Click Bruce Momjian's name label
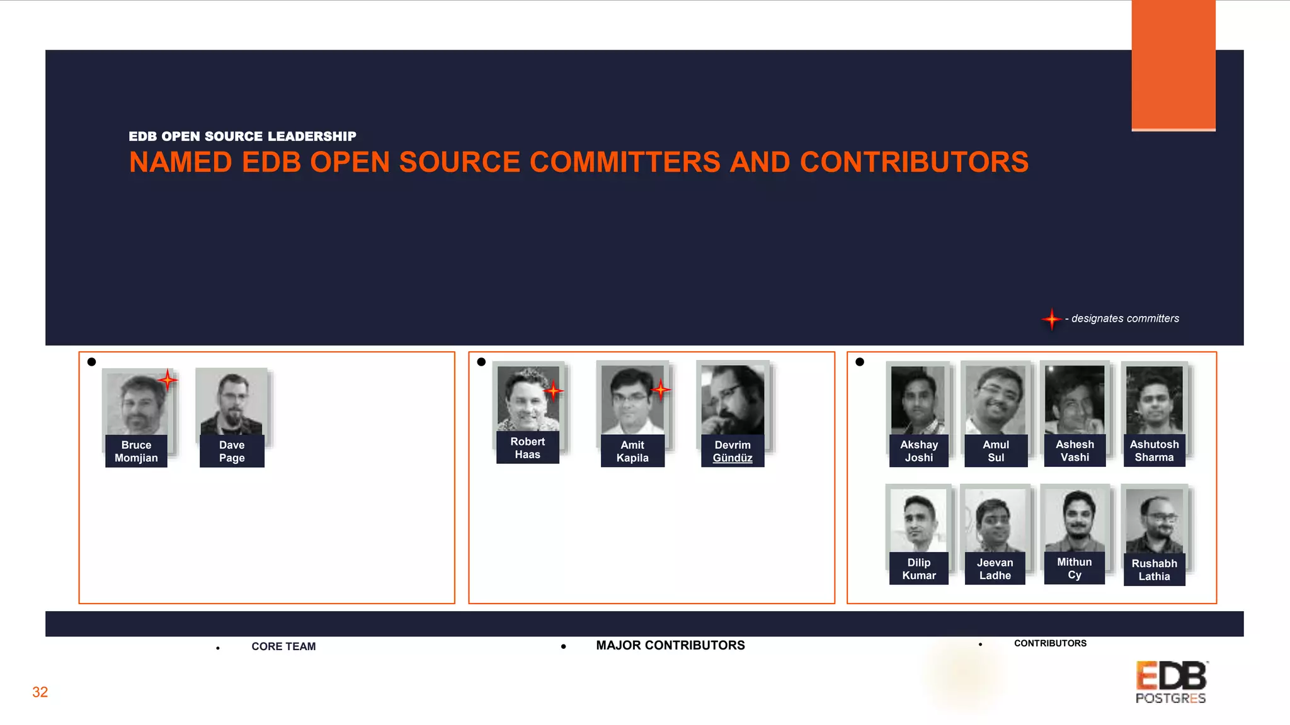point(136,451)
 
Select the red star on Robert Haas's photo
point(553,391)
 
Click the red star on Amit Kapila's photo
point(660,390)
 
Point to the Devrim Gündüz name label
point(732,451)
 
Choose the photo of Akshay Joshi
point(918,400)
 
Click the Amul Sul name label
point(995,451)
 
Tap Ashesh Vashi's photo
point(1074,399)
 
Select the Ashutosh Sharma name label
point(1154,451)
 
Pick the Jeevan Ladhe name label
point(995,569)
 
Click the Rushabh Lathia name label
point(1154,570)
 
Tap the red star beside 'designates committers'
point(1051,319)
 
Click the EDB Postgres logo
point(1171,682)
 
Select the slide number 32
point(40,692)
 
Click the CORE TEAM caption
point(283,646)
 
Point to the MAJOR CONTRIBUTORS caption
point(670,645)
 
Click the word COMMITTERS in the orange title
point(625,162)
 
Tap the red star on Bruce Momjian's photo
point(168,379)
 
